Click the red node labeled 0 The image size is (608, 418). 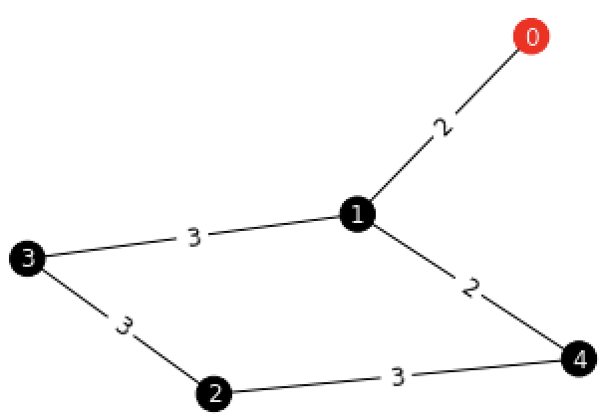531,37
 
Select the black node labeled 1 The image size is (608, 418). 357,214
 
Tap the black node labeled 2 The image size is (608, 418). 213,393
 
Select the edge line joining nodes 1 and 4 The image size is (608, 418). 419,254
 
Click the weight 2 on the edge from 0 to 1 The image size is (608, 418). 445,126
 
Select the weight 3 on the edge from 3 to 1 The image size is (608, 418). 193,237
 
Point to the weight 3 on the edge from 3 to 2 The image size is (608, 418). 122,325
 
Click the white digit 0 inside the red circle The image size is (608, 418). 531,37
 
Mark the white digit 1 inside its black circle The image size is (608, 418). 357,214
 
